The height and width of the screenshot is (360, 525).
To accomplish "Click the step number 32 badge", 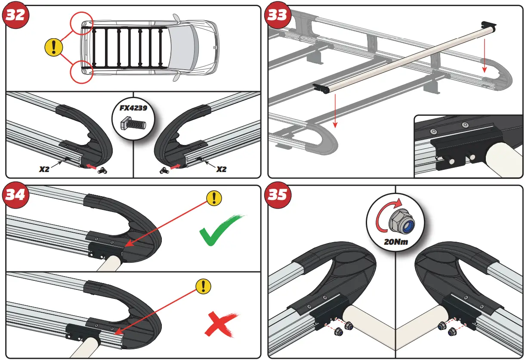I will click(x=16, y=16).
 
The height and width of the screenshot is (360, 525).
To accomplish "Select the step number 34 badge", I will click(x=16, y=196).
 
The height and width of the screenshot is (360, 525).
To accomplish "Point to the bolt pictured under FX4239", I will click(x=133, y=124).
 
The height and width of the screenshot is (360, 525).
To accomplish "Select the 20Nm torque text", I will click(x=395, y=242).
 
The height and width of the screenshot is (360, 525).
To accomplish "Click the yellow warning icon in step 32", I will click(x=54, y=46).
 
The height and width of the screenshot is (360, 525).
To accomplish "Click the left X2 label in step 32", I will click(x=44, y=169).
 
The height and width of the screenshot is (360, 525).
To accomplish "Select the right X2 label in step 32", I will click(x=221, y=169).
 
